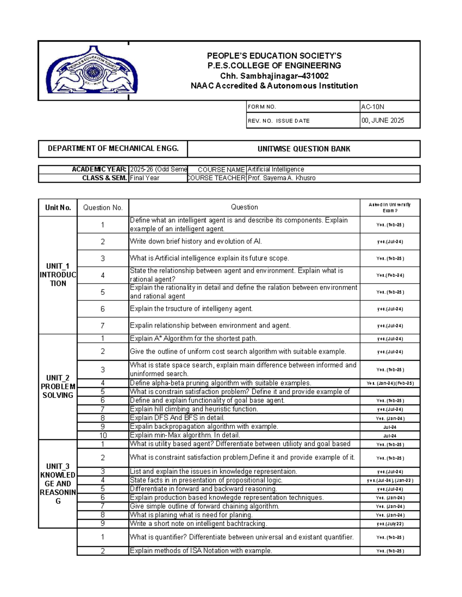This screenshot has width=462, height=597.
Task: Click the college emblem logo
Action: (x=92, y=70)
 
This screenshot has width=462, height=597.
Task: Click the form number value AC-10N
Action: (x=372, y=107)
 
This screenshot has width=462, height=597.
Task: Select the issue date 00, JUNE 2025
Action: (x=383, y=120)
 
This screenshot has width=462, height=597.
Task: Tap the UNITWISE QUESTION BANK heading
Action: (x=303, y=149)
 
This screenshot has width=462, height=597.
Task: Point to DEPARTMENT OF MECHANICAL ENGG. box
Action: (x=113, y=148)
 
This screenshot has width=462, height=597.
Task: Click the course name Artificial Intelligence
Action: (x=276, y=170)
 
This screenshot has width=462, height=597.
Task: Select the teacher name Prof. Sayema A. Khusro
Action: (x=281, y=178)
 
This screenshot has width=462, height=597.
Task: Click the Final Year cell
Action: (x=144, y=178)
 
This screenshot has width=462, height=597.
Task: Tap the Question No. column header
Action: (x=103, y=208)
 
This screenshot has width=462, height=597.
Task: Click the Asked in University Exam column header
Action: (x=390, y=208)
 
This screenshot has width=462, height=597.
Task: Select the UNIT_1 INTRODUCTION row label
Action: (x=58, y=275)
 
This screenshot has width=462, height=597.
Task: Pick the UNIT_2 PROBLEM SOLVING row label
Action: (x=58, y=386)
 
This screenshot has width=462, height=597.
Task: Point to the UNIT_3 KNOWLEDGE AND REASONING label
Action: (x=58, y=484)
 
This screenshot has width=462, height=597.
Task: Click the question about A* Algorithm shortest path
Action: (x=193, y=339)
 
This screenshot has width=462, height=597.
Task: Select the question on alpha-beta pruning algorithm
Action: (x=220, y=383)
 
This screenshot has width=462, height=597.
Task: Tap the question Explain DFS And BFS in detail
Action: (x=177, y=418)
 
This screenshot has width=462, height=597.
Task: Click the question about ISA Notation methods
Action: (x=201, y=551)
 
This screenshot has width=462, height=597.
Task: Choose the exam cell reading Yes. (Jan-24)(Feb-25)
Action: (x=390, y=383)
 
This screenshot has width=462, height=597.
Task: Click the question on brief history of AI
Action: (x=196, y=241)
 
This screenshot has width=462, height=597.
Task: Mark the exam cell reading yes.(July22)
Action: (x=390, y=524)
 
